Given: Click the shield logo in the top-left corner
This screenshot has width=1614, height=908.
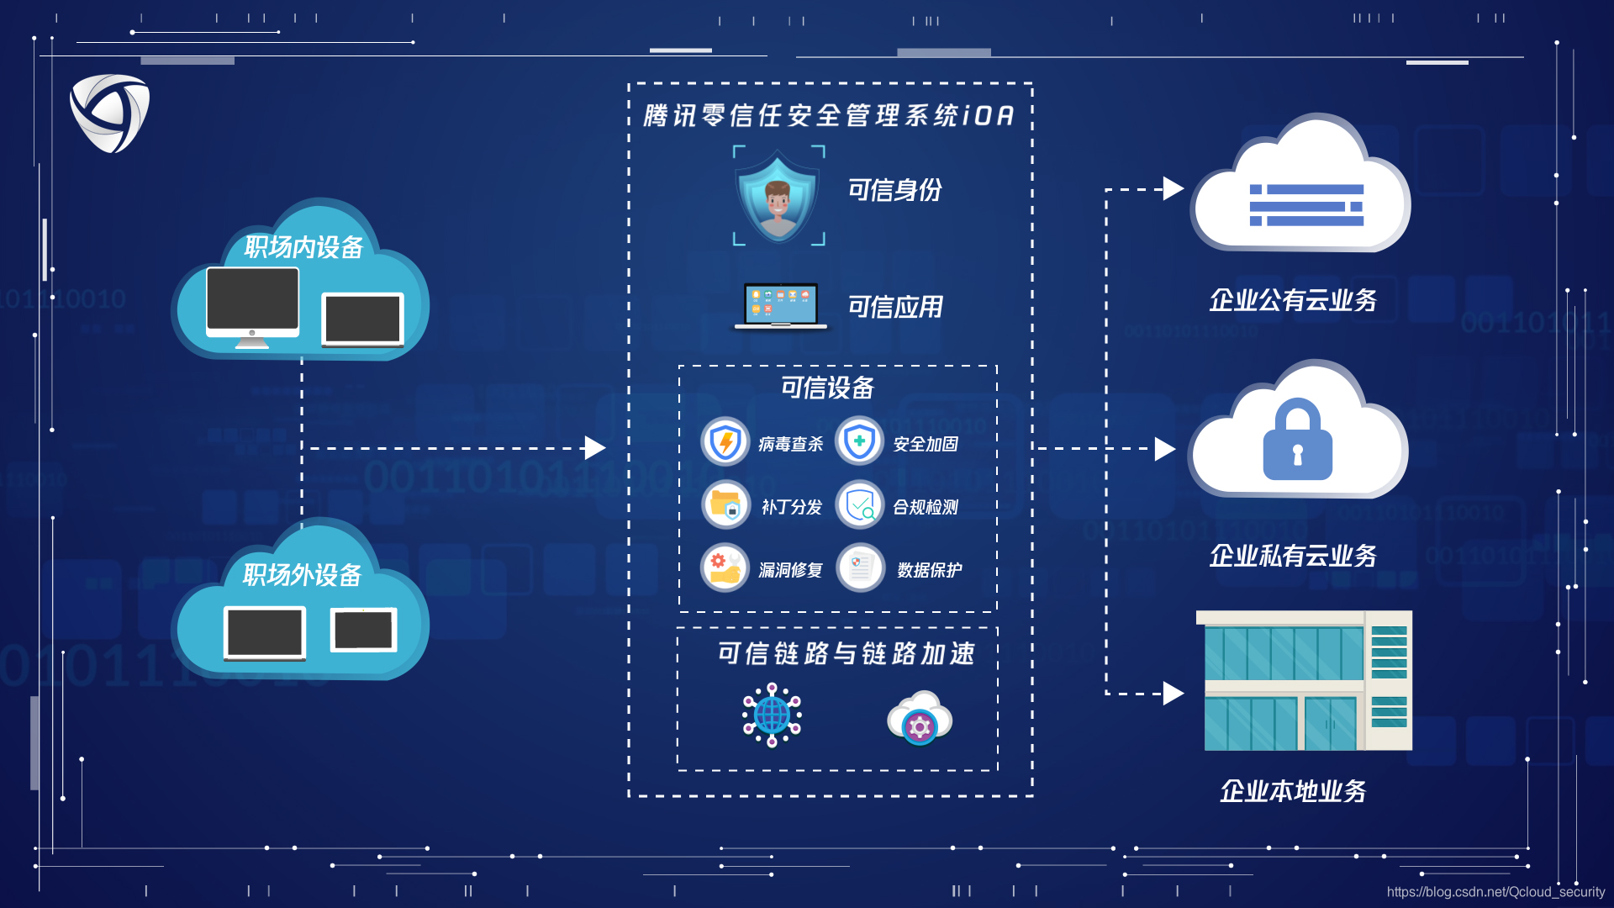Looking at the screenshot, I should (110, 113).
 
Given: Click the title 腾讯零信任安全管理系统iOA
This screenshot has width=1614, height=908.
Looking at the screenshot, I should (829, 115).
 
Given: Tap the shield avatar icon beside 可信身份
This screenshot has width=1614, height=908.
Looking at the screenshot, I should (778, 197).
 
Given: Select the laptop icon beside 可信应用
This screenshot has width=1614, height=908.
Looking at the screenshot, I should (780, 306).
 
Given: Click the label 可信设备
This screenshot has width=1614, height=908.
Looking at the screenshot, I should (827, 388).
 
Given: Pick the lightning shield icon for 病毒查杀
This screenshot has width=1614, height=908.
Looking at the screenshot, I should (725, 441).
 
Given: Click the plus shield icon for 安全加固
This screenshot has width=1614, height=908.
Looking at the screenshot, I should (859, 441).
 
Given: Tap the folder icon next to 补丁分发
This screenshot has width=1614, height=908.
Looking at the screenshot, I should (725, 504).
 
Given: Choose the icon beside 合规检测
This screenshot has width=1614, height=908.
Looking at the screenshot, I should (859, 504).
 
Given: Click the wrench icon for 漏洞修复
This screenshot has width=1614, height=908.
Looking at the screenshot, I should (725, 567).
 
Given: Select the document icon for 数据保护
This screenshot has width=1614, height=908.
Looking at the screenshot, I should (859, 567).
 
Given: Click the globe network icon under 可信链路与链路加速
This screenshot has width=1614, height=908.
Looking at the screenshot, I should (772, 715).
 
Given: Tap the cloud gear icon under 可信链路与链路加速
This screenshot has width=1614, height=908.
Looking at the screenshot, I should (919, 718).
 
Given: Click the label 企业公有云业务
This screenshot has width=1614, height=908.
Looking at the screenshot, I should (1293, 300).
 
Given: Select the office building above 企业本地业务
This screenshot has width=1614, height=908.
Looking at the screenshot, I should (1304, 681).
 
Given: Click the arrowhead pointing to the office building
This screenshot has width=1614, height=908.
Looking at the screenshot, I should (1174, 694).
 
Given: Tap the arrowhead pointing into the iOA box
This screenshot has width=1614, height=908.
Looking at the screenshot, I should (594, 448).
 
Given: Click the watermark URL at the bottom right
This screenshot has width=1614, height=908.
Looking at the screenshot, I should (1495, 892).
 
